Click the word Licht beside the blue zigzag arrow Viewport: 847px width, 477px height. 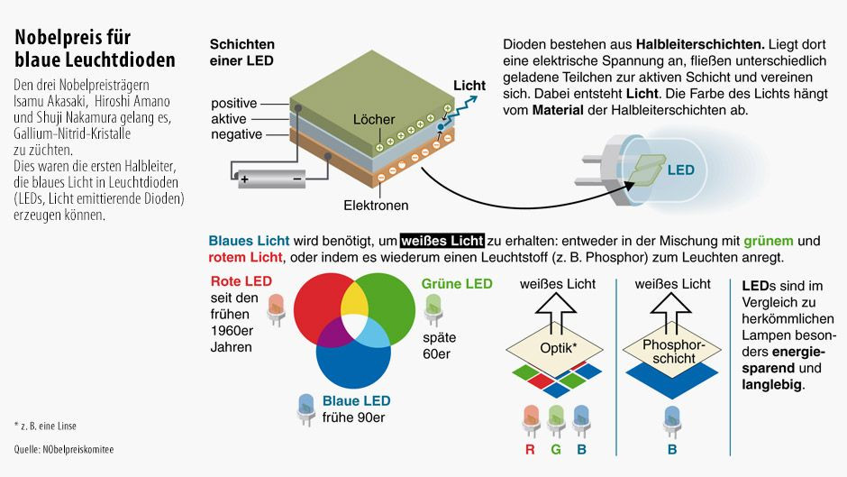tap(469, 86)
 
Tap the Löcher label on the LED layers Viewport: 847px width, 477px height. tap(374, 119)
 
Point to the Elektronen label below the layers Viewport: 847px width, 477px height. tap(376, 205)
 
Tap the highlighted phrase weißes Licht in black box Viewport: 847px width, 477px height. tap(442, 242)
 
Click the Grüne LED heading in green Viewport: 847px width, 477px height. tap(457, 284)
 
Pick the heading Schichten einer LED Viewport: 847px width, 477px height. tap(242, 52)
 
